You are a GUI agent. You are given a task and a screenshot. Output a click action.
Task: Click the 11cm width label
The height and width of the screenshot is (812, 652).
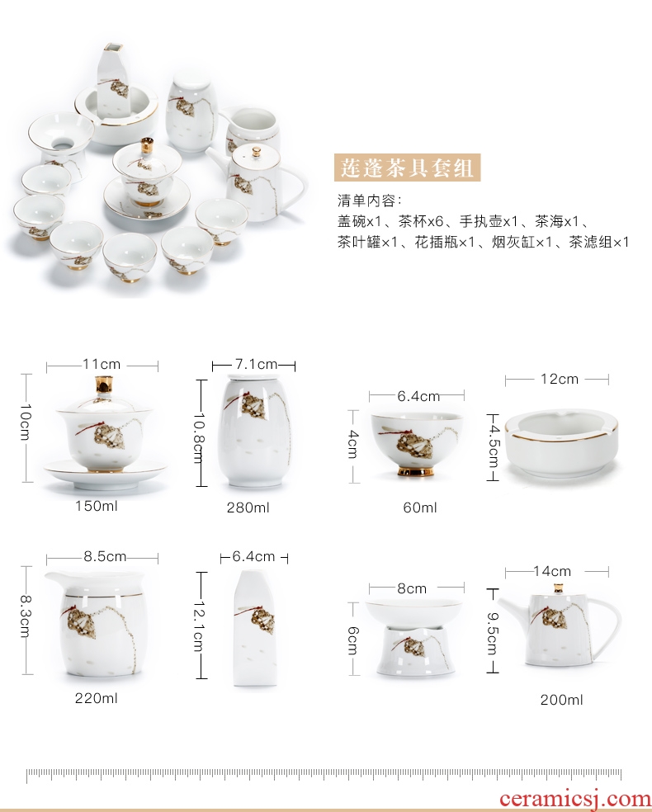tap(102, 364)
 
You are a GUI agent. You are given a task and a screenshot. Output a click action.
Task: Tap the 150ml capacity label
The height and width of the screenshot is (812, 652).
tap(97, 505)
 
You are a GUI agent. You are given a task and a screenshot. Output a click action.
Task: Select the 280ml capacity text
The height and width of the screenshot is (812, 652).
tap(248, 507)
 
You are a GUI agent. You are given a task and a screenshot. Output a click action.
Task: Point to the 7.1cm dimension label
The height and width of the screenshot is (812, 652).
tap(253, 365)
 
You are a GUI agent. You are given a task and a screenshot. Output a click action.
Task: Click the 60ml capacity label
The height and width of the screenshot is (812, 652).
tap(420, 507)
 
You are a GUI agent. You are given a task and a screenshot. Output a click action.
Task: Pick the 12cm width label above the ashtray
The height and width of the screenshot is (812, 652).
tap(560, 379)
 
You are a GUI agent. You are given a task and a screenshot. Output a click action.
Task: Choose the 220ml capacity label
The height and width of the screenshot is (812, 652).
tap(97, 698)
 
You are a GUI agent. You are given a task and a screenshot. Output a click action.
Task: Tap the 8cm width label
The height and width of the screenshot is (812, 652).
tap(412, 588)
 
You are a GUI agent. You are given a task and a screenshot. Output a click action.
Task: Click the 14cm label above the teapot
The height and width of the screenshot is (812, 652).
tap(552, 571)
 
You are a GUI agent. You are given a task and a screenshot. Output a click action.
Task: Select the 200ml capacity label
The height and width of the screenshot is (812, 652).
tap(562, 700)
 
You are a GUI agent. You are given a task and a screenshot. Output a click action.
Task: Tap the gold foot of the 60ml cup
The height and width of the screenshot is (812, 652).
tap(415, 472)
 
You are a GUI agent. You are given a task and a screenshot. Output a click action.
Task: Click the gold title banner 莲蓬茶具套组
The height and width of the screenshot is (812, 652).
tap(407, 168)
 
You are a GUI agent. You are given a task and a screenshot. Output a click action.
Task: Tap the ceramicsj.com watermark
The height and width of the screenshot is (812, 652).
tap(575, 800)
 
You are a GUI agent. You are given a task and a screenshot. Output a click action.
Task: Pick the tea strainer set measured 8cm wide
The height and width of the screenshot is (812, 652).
tap(413, 638)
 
